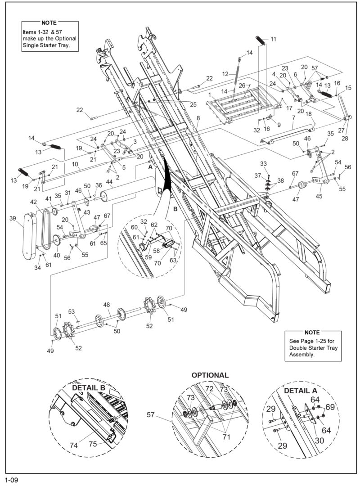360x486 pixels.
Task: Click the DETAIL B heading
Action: tap(89, 387)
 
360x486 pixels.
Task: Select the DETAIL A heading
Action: tap(301, 391)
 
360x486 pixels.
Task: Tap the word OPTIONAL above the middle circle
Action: tap(210, 375)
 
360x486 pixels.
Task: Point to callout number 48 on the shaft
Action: tap(106, 305)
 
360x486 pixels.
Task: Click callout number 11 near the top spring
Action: tap(273, 40)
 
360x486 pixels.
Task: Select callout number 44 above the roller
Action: tap(109, 182)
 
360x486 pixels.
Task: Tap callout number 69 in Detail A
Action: tap(330, 407)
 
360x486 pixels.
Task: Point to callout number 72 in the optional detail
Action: tap(209, 388)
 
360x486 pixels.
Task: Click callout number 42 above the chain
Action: tap(34, 202)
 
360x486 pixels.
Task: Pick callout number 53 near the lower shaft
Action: tap(71, 311)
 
